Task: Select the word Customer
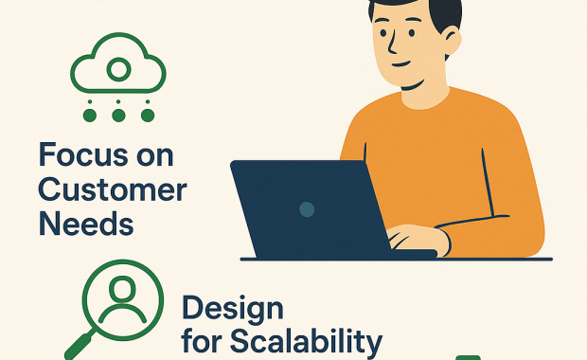pos(112,189)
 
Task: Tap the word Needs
pos(85,225)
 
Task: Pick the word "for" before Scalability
pos(203,341)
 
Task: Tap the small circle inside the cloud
pos(118,69)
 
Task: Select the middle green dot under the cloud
pos(118,116)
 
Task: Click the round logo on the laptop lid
pos(306,207)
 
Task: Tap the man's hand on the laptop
pos(418,238)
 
